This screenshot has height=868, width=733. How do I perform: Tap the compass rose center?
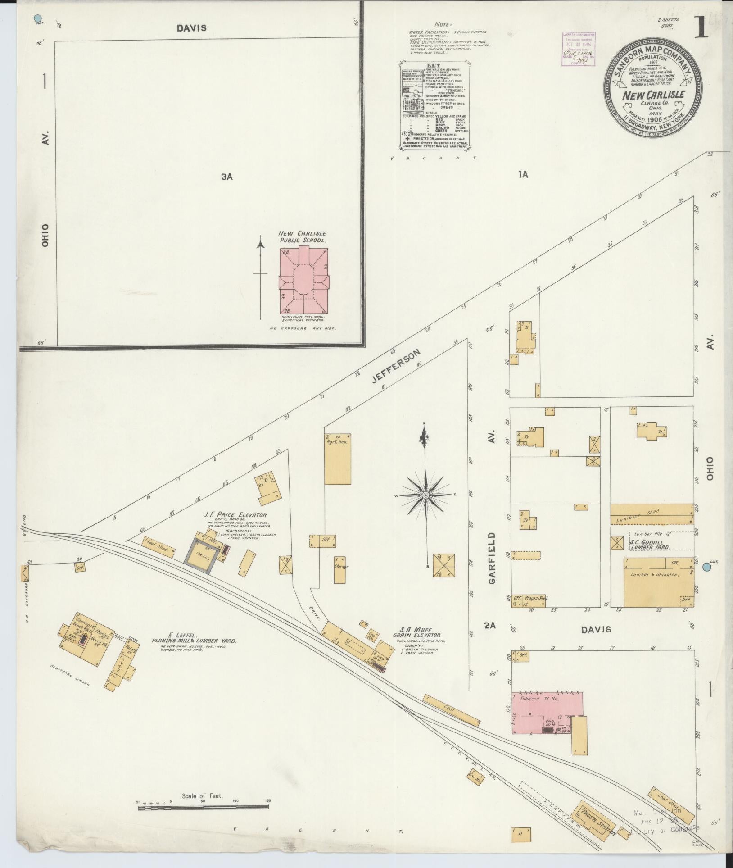pos(425,495)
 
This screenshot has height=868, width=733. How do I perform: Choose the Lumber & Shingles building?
pos(658,582)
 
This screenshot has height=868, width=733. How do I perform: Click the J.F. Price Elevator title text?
pos(235,515)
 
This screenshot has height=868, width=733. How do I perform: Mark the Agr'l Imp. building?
pos(337,459)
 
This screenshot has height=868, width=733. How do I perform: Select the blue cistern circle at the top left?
pos(38,18)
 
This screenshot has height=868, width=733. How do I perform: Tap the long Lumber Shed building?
pos(652,514)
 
